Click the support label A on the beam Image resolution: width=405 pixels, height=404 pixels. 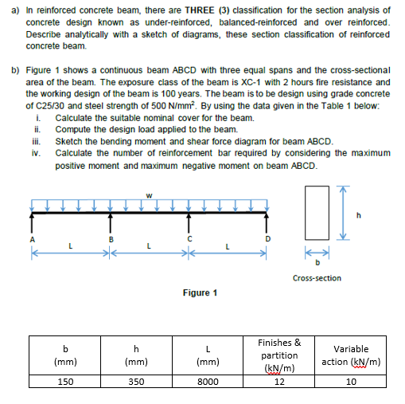32,237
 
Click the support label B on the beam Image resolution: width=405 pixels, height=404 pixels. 111,237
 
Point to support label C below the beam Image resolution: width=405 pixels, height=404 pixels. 189,237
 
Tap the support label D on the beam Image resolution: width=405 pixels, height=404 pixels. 267,237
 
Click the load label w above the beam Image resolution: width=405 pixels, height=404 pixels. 148,189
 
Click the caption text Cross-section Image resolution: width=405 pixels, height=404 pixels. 317,278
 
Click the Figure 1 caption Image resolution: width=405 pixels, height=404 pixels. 200,292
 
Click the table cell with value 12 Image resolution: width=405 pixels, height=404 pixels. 279,381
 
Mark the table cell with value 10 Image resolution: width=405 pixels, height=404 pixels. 351,381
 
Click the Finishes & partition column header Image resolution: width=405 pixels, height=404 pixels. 279,355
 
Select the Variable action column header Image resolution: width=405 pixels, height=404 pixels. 351,355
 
